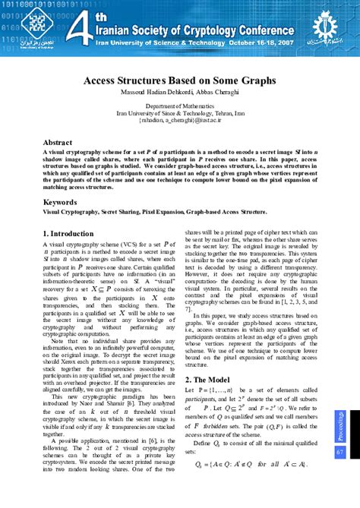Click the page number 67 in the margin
pyautogui.click(x=339, y=452)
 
